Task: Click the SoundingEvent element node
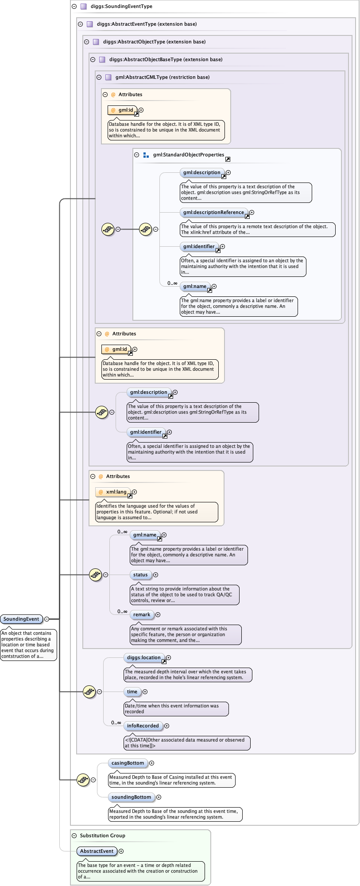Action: click(x=21, y=619)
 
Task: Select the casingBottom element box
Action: click(x=128, y=763)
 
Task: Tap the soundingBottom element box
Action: click(x=131, y=797)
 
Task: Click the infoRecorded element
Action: click(x=143, y=726)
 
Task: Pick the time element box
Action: click(x=132, y=692)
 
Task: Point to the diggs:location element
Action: click(x=143, y=657)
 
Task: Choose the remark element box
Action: click(x=142, y=614)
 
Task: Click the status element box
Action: click(x=140, y=575)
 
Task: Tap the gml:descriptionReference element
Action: click(x=213, y=212)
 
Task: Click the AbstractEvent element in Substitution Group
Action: click(x=97, y=851)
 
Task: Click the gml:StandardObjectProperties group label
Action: click(x=189, y=155)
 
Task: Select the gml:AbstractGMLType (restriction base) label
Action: click(x=163, y=77)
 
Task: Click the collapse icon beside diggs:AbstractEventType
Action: click(x=80, y=24)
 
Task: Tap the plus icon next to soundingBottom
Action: click(x=159, y=797)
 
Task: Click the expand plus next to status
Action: click(x=155, y=575)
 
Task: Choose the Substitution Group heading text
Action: click(x=103, y=835)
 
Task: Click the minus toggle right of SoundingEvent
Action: click(x=46, y=619)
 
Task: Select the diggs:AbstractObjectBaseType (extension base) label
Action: click(x=166, y=59)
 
